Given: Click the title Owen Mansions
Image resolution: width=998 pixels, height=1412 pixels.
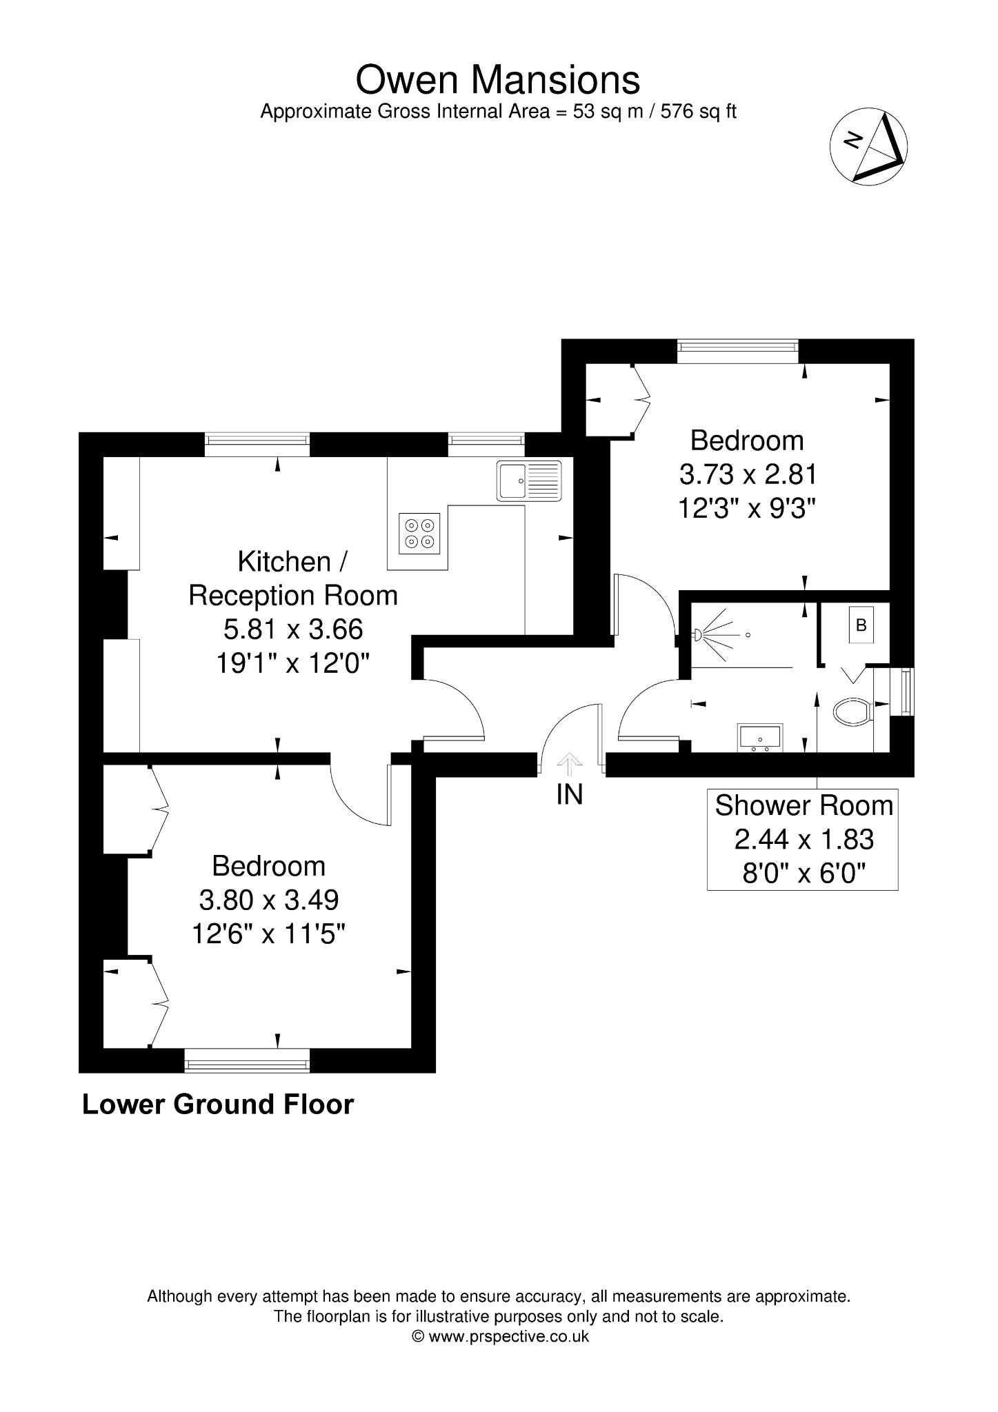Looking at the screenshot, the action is tap(497, 80).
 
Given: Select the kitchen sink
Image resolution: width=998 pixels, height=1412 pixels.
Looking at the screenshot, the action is tap(529, 480).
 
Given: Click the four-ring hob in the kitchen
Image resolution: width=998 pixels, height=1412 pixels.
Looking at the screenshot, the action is tap(419, 534).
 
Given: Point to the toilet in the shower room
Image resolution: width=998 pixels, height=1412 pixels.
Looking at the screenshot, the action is tap(852, 712).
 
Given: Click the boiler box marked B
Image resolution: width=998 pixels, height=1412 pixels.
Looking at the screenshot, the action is tap(860, 625).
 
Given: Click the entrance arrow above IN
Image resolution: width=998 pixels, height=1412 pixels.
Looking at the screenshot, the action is tap(569, 764).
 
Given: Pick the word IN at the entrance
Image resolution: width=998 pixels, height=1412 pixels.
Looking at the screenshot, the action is tap(570, 795).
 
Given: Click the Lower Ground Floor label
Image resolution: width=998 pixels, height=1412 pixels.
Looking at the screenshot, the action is tap(218, 1104).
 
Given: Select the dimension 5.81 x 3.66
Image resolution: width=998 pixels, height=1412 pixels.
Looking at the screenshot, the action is tap(293, 629).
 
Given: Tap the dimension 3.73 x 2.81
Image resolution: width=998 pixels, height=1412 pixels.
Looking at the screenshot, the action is tap(748, 475).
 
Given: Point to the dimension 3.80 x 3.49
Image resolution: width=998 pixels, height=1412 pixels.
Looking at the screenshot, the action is tap(269, 900).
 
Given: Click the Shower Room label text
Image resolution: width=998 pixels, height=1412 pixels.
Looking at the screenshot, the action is tap(804, 805).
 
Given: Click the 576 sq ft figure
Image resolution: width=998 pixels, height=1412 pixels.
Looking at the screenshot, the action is tap(699, 112).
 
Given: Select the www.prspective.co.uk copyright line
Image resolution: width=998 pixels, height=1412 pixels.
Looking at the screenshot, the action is tap(500, 1336).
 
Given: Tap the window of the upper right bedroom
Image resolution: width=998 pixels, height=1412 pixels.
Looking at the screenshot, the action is tap(738, 352).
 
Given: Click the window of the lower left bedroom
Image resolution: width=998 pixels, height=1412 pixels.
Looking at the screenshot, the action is tap(247, 1060).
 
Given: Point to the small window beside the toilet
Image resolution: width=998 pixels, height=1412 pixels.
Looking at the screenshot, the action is tap(902, 692).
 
